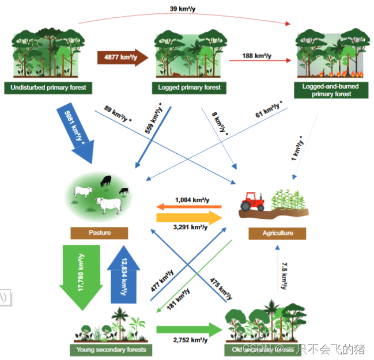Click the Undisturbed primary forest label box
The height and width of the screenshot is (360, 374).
48,88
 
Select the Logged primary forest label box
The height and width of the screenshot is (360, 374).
188,88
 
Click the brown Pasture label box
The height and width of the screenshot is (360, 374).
99,233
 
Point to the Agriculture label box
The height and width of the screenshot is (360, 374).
277,233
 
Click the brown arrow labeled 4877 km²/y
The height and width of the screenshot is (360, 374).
123,57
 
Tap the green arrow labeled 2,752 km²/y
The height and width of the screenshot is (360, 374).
190,330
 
